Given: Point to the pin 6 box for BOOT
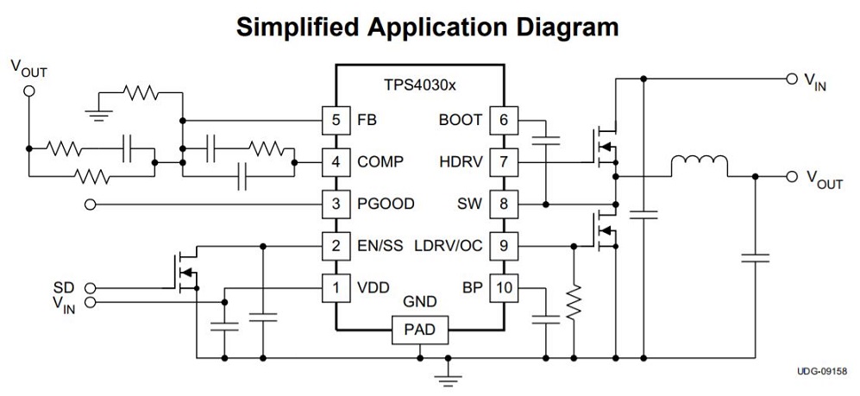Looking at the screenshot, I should point(504,120).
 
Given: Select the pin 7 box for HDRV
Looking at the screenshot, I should point(504,161).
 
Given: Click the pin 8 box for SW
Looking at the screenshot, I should point(504,204).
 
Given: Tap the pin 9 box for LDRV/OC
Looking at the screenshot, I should point(504,246).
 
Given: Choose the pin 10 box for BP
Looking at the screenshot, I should point(504,287).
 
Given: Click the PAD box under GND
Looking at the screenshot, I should point(419,330).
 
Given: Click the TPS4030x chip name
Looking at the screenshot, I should point(420,86).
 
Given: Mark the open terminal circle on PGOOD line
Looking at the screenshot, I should point(90,204).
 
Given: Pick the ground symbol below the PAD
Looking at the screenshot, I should point(446,372).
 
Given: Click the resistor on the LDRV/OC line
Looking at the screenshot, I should point(572,300).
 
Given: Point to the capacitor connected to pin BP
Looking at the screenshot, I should point(545,319).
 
